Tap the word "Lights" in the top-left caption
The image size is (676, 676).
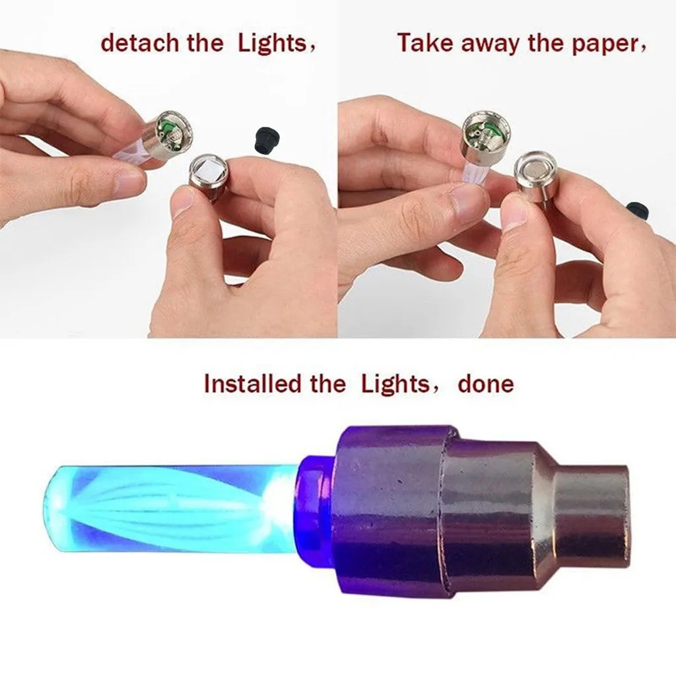[271, 44]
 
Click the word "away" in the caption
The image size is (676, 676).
[489, 44]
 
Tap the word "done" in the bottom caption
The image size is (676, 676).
[485, 384]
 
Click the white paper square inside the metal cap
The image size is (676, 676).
[209, 173]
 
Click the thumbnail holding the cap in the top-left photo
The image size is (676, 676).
[186, 201]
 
